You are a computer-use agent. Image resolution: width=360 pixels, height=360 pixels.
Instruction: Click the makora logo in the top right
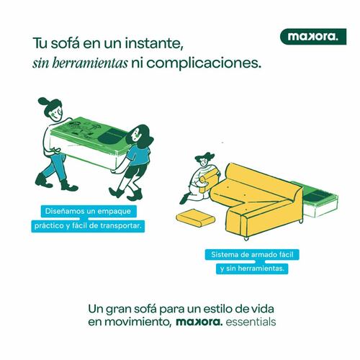coord(311,36)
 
